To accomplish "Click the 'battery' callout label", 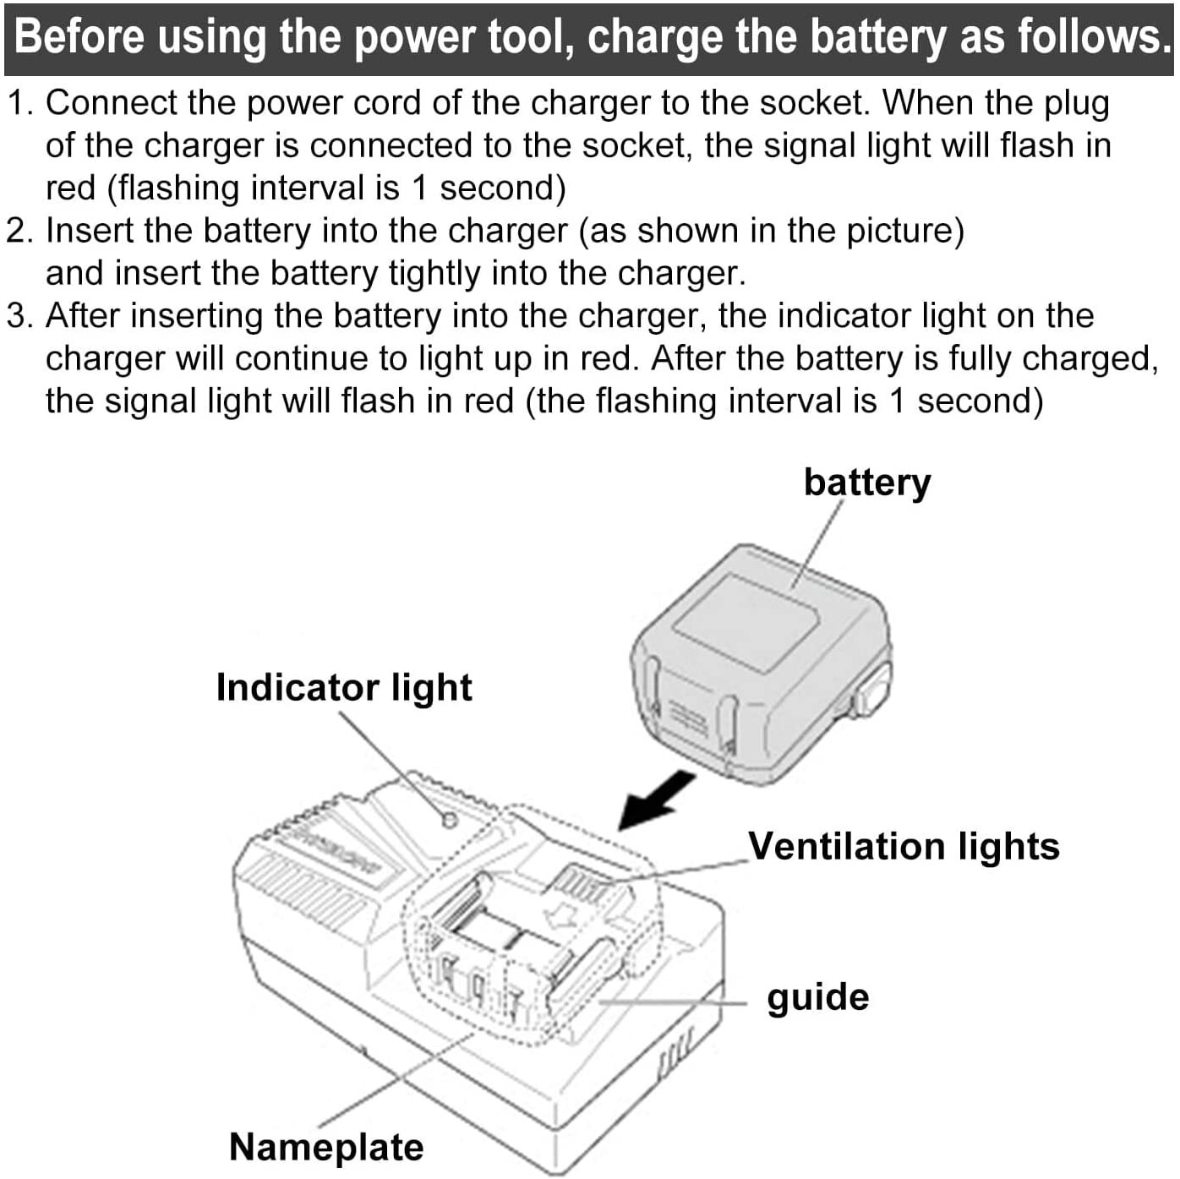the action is click(x=866, y=483).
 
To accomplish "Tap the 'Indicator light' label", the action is click(x=343, y=687).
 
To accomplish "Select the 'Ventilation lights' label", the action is click(x=903, y=846).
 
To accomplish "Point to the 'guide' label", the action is click(x=817, y=997).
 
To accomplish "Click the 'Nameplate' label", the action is click(x=326, y=1147).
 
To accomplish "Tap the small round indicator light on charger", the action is click(x=450, y=819).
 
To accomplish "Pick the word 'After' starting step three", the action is click(x=82, y=316).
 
